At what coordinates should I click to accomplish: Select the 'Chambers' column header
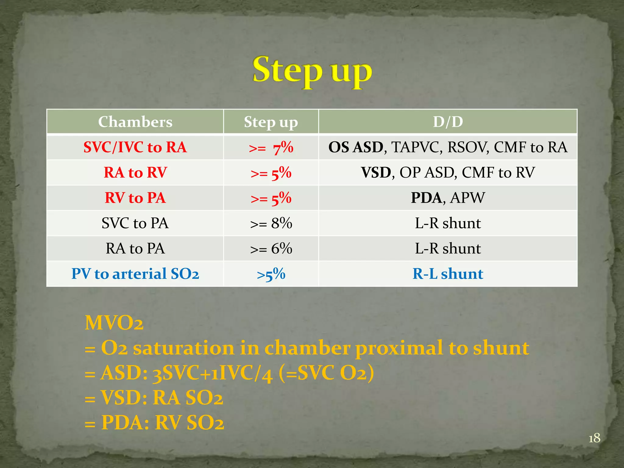pos(135,122)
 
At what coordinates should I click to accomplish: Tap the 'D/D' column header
pos(448,122)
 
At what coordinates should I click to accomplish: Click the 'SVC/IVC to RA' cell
pos(135,147)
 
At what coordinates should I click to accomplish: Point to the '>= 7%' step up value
pos(271,148)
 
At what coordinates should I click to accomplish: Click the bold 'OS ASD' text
pos(356,147)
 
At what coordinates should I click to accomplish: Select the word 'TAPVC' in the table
pos(417,147)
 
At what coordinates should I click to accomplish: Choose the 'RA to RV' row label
pos(135,172)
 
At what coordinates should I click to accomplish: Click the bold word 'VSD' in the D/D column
pos(376,172)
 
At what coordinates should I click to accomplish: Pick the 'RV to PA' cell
pos(135,198)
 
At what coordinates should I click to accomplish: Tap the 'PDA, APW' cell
pos(448,198)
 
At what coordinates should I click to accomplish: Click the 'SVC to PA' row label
pos(135,223)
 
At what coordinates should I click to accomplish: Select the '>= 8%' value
pos(271,223)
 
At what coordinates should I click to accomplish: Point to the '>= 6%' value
pos(271,249)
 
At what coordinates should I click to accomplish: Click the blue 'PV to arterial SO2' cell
pos(135,274)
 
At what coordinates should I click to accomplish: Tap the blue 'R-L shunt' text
pos(448,274)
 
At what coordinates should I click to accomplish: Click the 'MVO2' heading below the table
pos(114,323)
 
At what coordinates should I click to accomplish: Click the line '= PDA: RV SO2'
pos(154,423)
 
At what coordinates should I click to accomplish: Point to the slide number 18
pos(594,438)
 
